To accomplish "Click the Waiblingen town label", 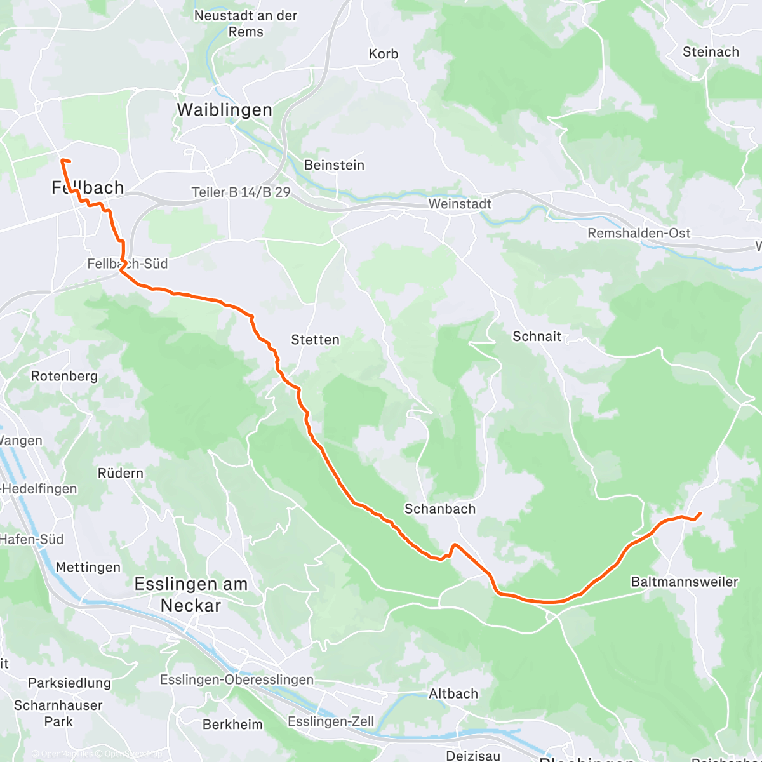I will tap(224, 110).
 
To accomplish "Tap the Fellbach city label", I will tap(88, 188).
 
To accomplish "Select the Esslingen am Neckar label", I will tap(190, 594).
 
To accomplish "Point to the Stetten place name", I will tap(315, 340).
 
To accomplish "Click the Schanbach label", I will tap(439, 509).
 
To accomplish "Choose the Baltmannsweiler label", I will tap(684, 582).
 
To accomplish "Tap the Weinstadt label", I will tap(460, 204).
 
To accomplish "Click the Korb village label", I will tap(384, 54).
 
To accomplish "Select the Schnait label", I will tap(537, 337).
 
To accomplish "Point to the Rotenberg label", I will tap(65, 376).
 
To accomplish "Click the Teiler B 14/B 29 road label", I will tap(241, 192).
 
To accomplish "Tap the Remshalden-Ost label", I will tap(639, 233).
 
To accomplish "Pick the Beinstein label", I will tap(334, 165).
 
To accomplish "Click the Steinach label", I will tap(711, 52).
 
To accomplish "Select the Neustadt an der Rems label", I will tap(246, 23).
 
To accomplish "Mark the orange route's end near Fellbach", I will tap(62, 160).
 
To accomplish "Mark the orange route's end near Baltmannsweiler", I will tap(700, 513).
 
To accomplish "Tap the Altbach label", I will tap(453, 693).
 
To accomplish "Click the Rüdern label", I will tap(120, 473).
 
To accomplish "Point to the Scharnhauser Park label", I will tap(58, 713).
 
